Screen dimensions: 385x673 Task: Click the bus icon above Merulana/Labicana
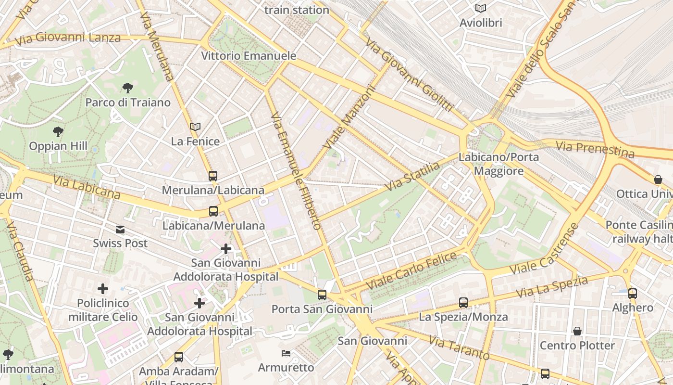(x=213, y=176)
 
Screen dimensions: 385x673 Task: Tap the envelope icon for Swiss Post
(x=120, y=230)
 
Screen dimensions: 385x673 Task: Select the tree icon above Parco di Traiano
(x=128, y=88)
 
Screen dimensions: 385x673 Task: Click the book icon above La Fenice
(x=195, y=127)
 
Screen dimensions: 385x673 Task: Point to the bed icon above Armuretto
(x=286, y=354)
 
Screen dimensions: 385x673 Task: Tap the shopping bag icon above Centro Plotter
(x=577, y=332)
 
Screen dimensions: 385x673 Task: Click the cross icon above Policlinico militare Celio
(x=103, y=289)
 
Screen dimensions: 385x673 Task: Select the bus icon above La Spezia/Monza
(x=463, y=303)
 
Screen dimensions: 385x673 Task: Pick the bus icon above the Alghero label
(x=633, y=293)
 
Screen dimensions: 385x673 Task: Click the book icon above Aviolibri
(x=480, y=8)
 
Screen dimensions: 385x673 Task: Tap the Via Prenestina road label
(x=595, y=149)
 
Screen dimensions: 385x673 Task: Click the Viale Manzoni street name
(x=349, y=117)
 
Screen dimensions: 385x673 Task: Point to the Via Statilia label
(x=412, y=176)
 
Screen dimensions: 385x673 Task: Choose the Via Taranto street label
(x=459, y=348)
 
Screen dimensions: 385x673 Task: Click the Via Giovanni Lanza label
(x=68, y=38)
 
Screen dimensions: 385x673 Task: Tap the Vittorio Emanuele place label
(x=249, y=56)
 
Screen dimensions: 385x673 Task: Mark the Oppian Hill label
(x=58, y=146)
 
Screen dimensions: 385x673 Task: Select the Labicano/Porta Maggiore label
(x=499, y=164)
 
